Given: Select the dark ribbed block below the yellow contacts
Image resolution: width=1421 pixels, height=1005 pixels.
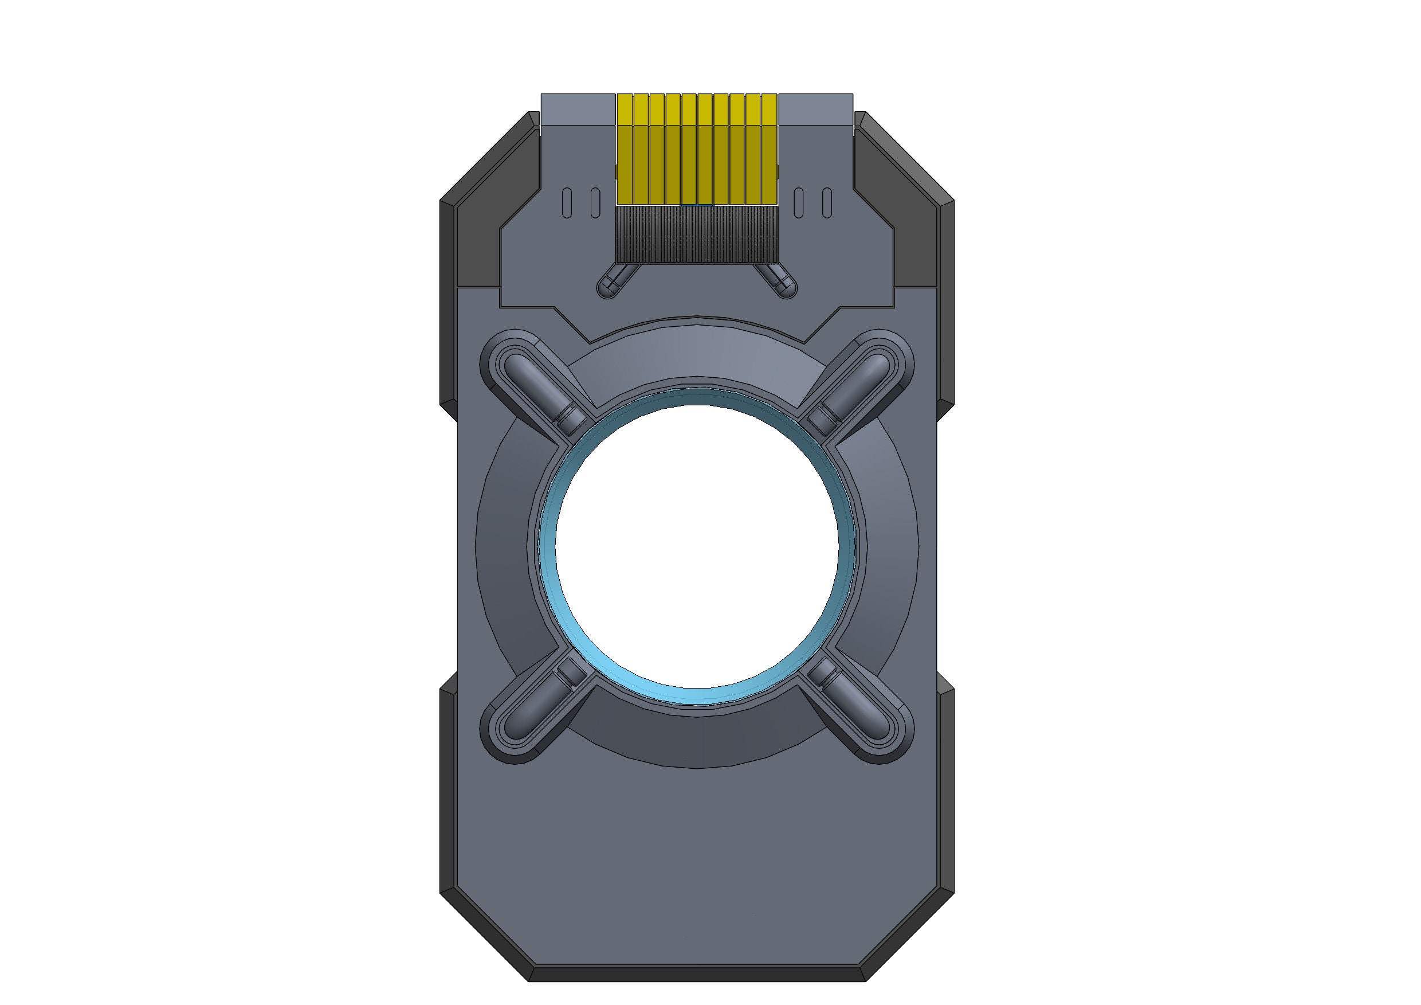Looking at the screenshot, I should pos(697,233).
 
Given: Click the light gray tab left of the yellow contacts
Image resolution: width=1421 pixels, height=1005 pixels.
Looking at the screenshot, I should pos(578,110).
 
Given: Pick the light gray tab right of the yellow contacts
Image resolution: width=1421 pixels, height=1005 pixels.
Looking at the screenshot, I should pos(816,110).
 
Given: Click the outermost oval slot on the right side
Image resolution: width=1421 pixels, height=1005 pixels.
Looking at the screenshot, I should pos(827,203).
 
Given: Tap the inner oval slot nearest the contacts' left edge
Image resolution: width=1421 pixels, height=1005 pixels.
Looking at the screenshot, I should pos(595,203).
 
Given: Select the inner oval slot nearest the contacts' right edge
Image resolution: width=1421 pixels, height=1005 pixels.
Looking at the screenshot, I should pos(799,203).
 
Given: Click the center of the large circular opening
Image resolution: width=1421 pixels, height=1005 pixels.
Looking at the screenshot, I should pos(697,547).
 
